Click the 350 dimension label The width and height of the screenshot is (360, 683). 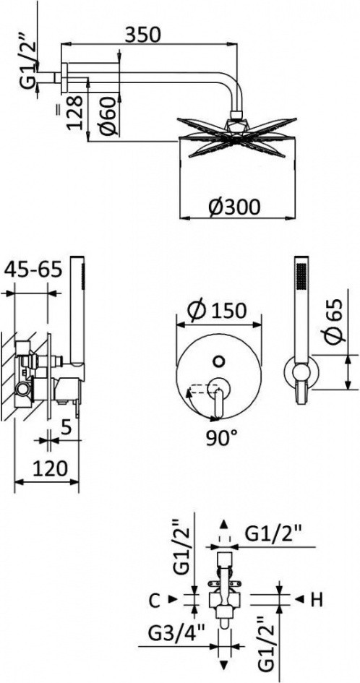[143, 35]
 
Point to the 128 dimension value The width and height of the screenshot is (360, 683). [74, 112]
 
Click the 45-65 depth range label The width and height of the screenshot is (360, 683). [33, 270]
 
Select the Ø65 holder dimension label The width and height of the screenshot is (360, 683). [333, 322]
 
